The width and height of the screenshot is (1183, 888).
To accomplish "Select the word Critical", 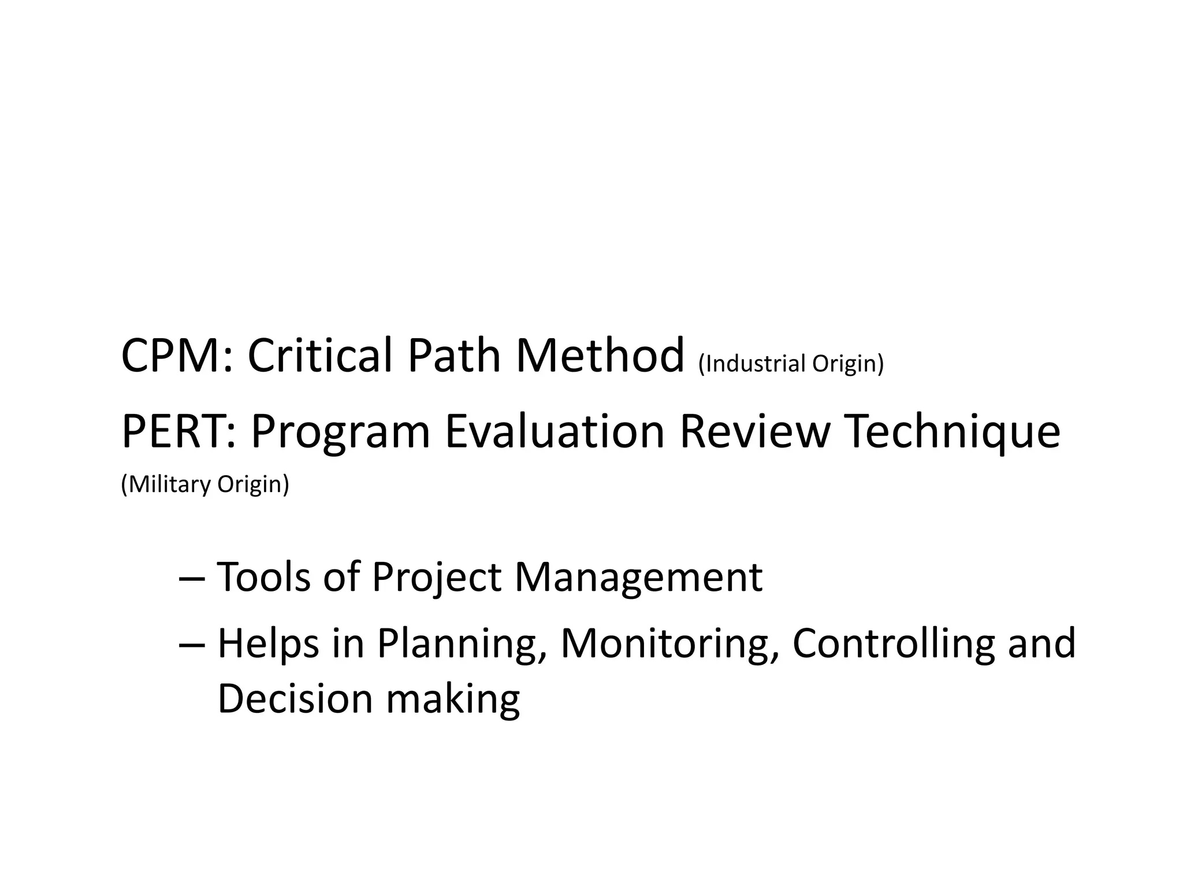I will (x=319, y=356).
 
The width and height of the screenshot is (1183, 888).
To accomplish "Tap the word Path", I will (x=454, y=356).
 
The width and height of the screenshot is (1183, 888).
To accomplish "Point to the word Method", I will (x=600, y=356).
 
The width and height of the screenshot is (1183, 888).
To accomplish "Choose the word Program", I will (x=341, y=432).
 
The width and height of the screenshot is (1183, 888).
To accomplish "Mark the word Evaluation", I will (x=555, y=431).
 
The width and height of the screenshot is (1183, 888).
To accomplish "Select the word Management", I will (x=638, y=578).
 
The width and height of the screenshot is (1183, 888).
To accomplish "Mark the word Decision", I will (x=295, y=698).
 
